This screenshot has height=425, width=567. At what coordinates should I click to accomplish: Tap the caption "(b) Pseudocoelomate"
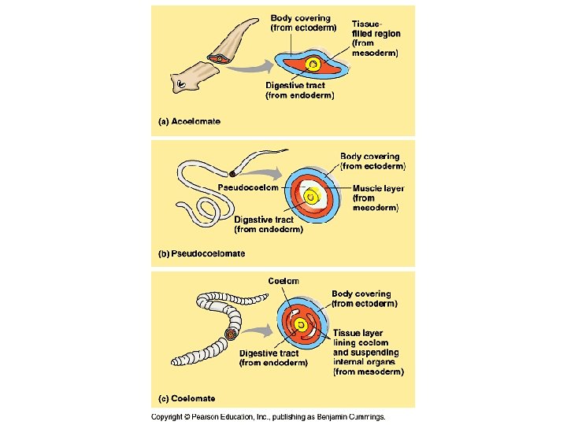tap(202, 253)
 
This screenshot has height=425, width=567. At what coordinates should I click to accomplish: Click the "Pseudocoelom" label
tap(245, 187)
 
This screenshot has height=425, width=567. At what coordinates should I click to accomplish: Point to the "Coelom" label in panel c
tap(283, 281)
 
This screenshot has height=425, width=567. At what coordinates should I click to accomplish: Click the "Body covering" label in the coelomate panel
tap(364, 298)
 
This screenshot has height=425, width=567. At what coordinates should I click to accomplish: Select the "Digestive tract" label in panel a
tap(299, 90)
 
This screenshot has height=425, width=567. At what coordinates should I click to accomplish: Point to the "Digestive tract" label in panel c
tap(273, 358)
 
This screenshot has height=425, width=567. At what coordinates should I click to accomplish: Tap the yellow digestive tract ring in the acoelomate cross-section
tap(313, 65)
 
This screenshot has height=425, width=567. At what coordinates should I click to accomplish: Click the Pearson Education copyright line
tap(269, 416)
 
